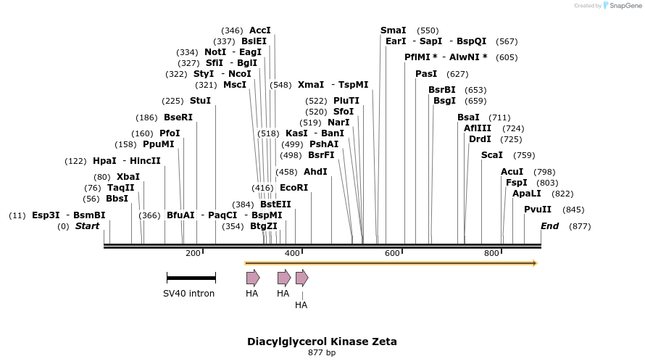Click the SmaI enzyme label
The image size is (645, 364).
tap(394, 30)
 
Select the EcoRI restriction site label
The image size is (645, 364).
tap(294, 188)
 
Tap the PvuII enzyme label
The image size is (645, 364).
tap(538, 210)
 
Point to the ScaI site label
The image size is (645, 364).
tap(492, 155)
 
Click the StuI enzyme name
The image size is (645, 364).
tap(200, 101)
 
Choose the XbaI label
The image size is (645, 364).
tap(128, 177)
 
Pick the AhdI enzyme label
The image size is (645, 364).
tap(315, 172)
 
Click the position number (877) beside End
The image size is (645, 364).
tap(580, 226)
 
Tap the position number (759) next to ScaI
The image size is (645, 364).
tap(524, 155)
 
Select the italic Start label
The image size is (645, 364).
tap(87, 226)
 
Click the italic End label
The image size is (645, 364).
tap(549, 226)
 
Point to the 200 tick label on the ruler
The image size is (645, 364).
tap(193, 253)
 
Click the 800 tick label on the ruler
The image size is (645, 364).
tap(491, 253)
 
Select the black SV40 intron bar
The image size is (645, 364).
tap(191, 278)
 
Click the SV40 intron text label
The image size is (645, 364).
tap(188, 294)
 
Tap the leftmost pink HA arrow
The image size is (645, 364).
tap(252, 278)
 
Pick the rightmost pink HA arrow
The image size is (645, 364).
tap(301, 278)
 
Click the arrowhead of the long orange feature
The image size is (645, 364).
tap(535, 263)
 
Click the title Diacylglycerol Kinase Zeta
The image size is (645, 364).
tap(322, 342)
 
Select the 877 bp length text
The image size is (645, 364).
tap(322, 353)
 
